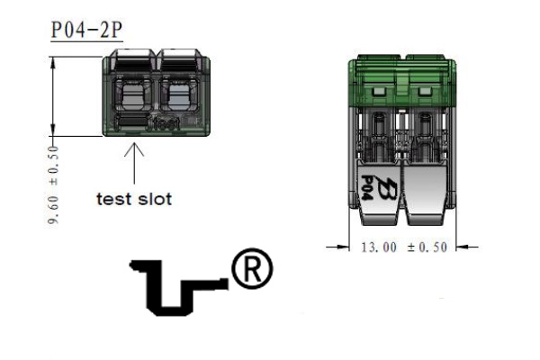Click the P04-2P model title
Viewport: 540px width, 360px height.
pos(86,30)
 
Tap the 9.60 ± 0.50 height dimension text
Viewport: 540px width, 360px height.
pos(53,185)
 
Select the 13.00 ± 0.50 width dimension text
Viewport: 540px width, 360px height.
pos(404,247)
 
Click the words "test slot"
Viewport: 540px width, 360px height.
pos(134,199)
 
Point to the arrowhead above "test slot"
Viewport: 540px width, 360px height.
pos(134,148)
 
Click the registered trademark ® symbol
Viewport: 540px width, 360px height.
pos(252,268)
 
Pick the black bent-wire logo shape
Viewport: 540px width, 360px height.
pos(179,288)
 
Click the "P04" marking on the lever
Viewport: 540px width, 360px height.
pos(367,188)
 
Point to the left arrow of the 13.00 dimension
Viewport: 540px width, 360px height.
pos(337,247)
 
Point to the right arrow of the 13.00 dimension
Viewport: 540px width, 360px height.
pos(467,247)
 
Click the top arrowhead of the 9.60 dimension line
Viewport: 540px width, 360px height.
pos(53,62)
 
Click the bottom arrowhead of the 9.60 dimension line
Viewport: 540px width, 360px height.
pos(53,130)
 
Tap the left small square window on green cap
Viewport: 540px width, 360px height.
pos(378,91)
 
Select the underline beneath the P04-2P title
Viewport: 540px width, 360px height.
pos(86,42)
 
